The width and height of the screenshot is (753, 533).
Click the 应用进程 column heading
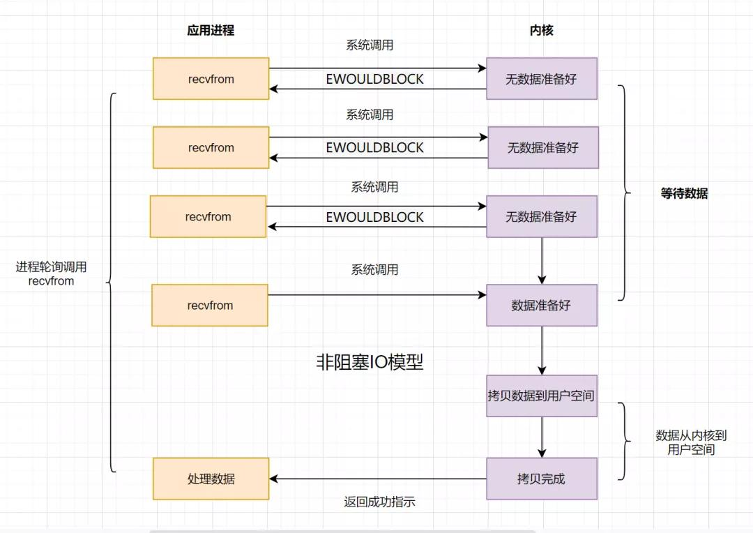click(211, 31)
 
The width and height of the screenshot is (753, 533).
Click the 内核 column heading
click(542, 31)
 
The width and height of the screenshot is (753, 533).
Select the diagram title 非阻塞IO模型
click(370, 362)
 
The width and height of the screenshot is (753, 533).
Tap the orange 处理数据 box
click(211, 479)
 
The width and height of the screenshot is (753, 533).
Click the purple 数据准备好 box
click(542, 306)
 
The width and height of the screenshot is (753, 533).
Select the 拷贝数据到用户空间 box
click(542, 396)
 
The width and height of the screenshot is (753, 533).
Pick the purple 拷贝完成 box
click(542, 479)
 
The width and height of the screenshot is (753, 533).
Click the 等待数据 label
click(684, 194)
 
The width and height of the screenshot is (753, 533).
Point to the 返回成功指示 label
click(380, 502)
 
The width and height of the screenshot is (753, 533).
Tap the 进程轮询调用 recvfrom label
click(51, 274)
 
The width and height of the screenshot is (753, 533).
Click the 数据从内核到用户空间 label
click(691, 442)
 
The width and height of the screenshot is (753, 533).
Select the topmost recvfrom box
click(211, 79)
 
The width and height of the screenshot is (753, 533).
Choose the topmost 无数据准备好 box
click(542, 79)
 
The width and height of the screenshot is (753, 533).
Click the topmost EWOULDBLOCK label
click(374, 80)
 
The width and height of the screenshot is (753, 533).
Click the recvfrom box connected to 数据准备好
click(210, 306)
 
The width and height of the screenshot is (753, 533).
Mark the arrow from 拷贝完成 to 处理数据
click(376, 479)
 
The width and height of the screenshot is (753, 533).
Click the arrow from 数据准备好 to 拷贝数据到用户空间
click(542, 350)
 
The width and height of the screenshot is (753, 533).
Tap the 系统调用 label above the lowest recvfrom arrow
click(374, 269)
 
